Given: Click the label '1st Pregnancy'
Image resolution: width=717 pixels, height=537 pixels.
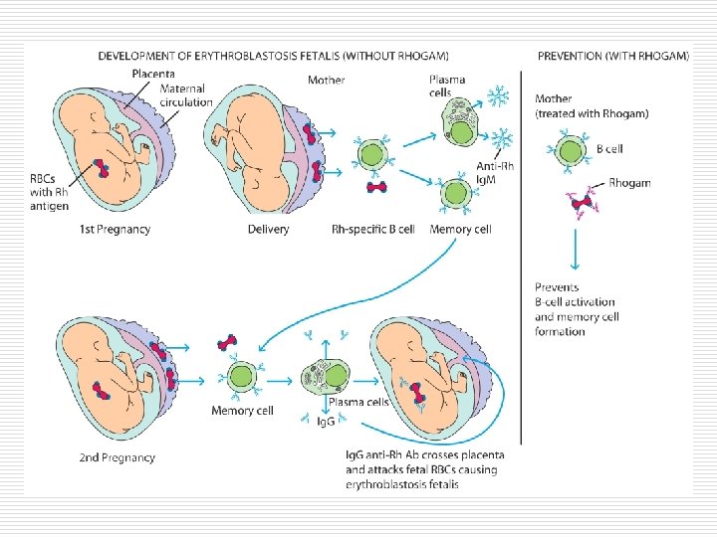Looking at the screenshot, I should (x=115, y=230).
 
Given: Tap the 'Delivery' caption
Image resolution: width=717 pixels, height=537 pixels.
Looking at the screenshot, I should (x=268, y=230).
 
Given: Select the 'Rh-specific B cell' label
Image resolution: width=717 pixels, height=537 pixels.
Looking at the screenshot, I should (x=372, y=230).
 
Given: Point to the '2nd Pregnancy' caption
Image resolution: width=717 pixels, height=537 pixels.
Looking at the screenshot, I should (x=117, y=457).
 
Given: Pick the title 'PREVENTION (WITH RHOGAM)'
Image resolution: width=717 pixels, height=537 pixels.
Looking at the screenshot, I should (x=612, y=57).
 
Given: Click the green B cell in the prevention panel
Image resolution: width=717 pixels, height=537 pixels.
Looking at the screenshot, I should (x=571, y=151).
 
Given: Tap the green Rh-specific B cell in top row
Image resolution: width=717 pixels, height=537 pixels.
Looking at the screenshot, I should (x=372, y=154).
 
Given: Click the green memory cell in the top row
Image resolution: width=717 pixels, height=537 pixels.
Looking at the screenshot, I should (x=457, y=192).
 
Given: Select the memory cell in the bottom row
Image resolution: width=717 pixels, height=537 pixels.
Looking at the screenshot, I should (x=241, y=378).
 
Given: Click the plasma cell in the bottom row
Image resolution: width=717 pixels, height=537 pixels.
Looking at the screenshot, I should (x=329, y=378).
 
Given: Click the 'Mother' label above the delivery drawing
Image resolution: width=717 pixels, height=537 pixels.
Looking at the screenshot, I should (x=328, y=80).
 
